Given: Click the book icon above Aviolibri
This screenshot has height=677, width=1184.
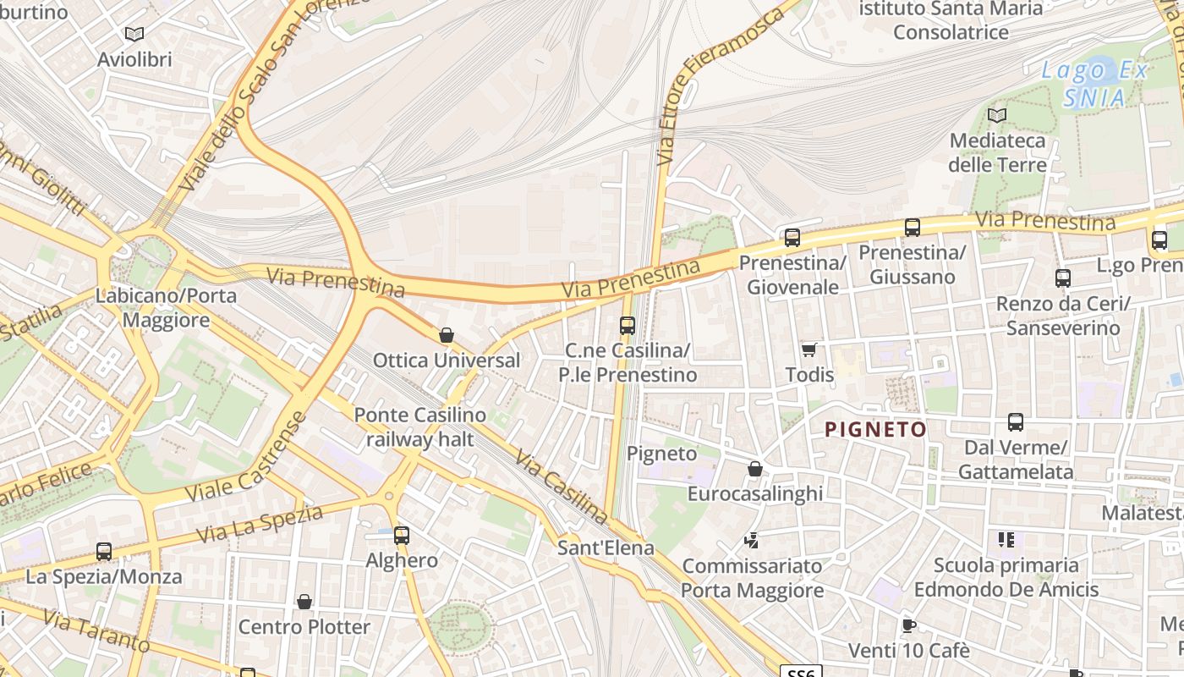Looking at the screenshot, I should coord(134,34).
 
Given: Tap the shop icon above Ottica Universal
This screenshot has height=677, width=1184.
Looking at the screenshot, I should coord(447,335).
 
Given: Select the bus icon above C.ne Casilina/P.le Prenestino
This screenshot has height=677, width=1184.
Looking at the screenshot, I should coord(628,325).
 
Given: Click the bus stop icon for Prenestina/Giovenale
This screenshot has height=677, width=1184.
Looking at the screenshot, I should coord(792,238).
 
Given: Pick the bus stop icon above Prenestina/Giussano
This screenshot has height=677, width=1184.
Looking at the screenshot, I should coord(913,227).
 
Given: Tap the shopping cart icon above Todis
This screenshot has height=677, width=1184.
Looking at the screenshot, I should coord(809,350).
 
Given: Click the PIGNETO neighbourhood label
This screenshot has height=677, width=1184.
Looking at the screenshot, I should coord(875,430).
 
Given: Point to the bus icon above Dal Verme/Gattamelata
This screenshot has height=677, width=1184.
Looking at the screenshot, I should coord(1016,421).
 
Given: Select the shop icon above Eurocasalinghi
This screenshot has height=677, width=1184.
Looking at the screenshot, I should coord(755,468).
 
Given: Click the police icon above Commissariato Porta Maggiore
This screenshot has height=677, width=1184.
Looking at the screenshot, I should coord(751,540).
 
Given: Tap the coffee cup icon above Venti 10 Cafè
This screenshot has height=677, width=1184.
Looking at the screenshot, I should coord(908,626).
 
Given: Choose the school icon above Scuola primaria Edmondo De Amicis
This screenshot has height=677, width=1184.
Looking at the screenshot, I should coord(1006,539).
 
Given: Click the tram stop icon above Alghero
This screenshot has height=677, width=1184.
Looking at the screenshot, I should coord(402,535).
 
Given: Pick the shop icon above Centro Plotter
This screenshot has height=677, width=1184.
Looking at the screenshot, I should coord(304,602).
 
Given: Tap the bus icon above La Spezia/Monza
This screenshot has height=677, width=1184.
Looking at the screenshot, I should coord(104,552).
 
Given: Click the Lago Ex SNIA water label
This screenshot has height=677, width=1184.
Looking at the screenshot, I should coord(1094,84).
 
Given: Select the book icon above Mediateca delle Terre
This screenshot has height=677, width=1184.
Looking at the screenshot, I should coord(998,115).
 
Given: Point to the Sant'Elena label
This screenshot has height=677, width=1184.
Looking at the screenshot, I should coord(606,548).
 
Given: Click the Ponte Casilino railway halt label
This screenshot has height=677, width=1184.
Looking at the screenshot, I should coord(420,427).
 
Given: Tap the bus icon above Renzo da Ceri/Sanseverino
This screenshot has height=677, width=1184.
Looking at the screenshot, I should coord(1063,278).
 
